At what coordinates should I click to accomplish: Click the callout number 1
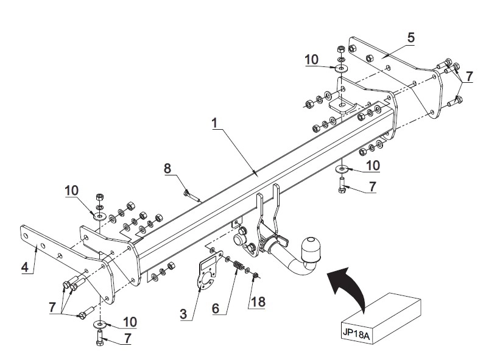pyautogui.click(x=214, y=123)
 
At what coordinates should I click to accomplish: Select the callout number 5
pyautogui.click(x=411, y=38)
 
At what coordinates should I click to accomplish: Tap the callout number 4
pyautogui.click(x=26, y=267)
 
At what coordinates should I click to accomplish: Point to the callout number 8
pyautogui.click(x=167, y=168)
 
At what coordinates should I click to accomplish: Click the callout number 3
pyautogui.click(x=183, y=314)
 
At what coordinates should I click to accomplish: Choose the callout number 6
pyautogui.click(x=216, y=308)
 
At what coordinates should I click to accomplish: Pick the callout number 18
pyautogui.click(x=258, y=302)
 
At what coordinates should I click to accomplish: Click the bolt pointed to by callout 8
pyautogui.click(x=192, y=197)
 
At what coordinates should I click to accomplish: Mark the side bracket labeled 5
pyautogui.click(x=396, y=77)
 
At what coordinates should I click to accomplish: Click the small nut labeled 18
pyautogui.click(x=256, y=275)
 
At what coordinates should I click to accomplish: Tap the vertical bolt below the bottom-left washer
pyautogui.click(x=100, y=337)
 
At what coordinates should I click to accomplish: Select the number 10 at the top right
pyautogui.click(x=311, y=60)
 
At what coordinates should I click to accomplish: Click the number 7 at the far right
pyautogui.click(x=470, y=76)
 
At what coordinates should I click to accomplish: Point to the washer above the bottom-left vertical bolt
pyautogui.click(x=100, y=324)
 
